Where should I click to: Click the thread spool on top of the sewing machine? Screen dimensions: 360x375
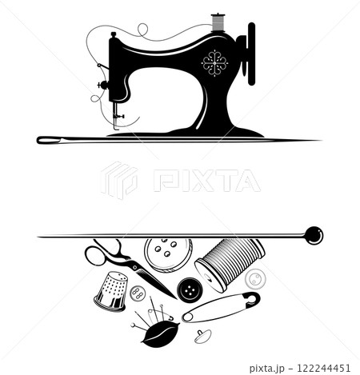tap(218, 22)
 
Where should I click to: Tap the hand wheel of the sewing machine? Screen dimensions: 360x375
tap(251, 54)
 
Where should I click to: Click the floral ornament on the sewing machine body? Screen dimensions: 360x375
tap(214, 63)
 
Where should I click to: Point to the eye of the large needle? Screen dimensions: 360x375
tap(50, 140)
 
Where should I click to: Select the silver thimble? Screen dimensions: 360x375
tap(111, 291)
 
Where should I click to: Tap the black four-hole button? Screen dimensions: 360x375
tap(190, 289)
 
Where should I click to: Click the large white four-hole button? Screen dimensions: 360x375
tap(168, 255)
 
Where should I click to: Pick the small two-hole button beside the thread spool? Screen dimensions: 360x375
tap(255, 279)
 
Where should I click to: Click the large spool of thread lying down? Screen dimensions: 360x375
tap(230, 264)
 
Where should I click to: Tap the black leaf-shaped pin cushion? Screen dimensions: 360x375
tap(160, 334)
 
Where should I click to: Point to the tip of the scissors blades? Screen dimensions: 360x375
tap(176, 298)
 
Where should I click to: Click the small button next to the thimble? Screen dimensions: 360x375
tap(138, 293)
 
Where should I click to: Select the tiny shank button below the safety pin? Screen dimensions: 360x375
tap(202, 337)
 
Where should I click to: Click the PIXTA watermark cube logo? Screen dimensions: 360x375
tap(119, 180)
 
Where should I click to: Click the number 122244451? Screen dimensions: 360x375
tap(323, 368)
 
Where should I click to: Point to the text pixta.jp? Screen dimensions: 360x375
tap(267, 369)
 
